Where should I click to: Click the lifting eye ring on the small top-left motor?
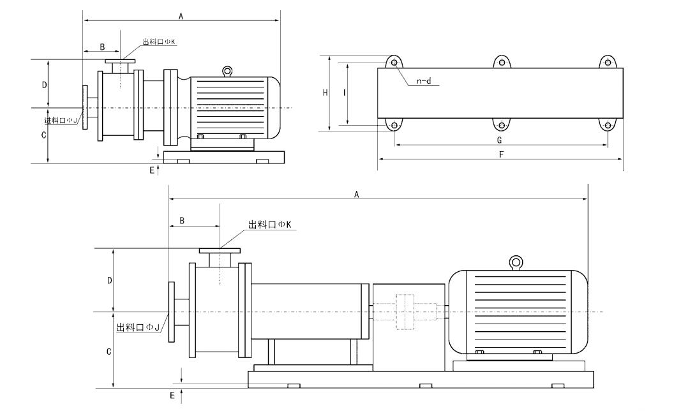[x=227, y=71]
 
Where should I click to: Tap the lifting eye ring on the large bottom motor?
[x=516, y=262]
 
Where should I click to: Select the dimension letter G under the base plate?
[x=499, y=140]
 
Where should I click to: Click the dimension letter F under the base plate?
[x=501, y=154]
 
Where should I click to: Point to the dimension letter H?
[x=326, y=93]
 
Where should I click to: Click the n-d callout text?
[x=424, y=81]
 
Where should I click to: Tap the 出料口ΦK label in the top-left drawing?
[x=159, y=41]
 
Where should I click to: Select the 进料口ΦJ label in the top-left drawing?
[x=61, y=121]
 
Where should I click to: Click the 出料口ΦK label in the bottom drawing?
[x=270, y=225]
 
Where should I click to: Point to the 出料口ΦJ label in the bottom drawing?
[x=138, y=327]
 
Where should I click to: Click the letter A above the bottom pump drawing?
[x=356, y=194]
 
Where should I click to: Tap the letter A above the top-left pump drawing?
[x=181, y=17]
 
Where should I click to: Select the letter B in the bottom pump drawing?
[x=182, y=221]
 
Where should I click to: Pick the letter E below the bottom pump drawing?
[x=172, y=395]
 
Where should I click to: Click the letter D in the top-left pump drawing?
[x=44, y=85]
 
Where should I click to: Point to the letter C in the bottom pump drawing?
[x=109, y=352]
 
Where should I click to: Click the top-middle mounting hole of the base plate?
[x=501, y=63]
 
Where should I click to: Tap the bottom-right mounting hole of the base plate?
[x=608, y=126]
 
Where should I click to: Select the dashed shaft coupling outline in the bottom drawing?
[x=405, y=311]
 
